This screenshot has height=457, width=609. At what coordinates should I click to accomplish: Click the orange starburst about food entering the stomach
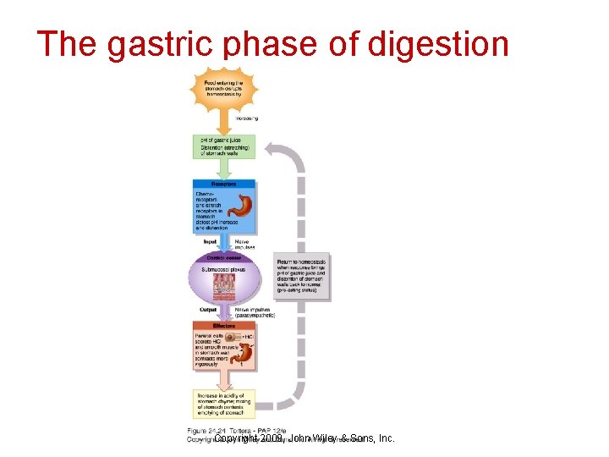click(223, 90)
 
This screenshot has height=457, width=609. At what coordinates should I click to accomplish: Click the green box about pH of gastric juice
click(223, 145)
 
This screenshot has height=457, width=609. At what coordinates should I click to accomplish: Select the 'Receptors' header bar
click(223, 184)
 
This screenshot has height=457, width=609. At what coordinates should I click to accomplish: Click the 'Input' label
click(211, 242)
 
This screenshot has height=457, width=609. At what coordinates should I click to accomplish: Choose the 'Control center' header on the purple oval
click(223, 256)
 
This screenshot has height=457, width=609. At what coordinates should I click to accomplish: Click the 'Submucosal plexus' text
click(223, 268)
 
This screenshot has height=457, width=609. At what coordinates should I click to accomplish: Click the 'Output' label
click(209, 310)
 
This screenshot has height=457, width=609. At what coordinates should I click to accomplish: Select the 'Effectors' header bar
click(223, 325)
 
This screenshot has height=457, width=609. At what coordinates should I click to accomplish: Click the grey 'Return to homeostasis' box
click(300, 276)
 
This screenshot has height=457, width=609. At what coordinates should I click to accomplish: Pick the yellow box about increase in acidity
click(223, 405)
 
